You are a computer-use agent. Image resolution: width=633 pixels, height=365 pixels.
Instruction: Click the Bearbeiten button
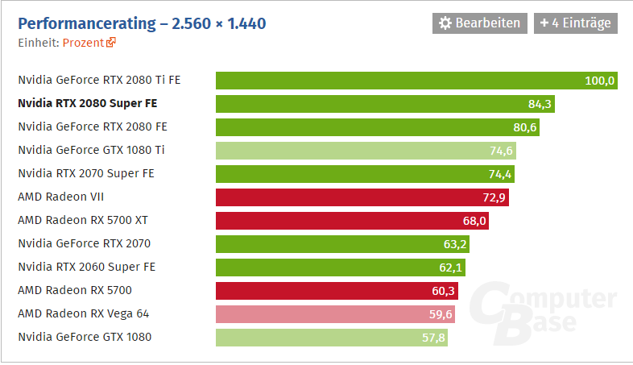[481, 23]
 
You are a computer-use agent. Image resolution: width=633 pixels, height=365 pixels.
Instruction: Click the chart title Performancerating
[142, 23]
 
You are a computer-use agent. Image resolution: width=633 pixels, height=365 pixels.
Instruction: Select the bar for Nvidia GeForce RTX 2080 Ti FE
[416, 80]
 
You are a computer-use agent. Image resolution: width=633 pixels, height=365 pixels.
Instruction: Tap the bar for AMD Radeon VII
[362, 197]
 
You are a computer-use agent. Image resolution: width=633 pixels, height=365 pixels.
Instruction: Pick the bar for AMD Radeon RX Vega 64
[335, 313]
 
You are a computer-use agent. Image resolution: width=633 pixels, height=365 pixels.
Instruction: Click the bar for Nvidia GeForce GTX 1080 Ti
[365, 150]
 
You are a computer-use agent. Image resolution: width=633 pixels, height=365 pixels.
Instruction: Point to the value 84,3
[539, 103]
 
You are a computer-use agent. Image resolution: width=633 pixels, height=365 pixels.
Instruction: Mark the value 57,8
[433, 337]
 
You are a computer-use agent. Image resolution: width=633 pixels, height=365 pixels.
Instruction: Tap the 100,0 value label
[600, 81]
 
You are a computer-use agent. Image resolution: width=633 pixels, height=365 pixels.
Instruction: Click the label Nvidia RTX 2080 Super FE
[87, 103]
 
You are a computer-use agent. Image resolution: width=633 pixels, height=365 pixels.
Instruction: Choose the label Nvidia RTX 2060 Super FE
[86, 267]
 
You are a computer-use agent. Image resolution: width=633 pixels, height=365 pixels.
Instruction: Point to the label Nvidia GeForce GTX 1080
[85, 337]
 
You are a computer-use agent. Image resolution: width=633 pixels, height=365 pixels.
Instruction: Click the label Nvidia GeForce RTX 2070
[85, 243]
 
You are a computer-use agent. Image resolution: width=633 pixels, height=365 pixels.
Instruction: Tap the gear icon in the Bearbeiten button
[445, 23]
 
